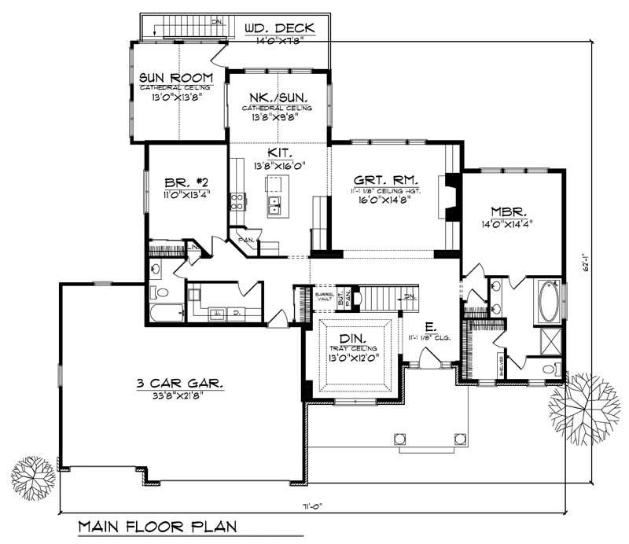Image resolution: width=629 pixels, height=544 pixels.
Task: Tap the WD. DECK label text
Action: [279, 29]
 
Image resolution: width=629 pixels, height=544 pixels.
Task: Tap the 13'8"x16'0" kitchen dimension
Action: [279, 166]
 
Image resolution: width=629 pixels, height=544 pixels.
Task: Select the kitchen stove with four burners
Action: [235, 201]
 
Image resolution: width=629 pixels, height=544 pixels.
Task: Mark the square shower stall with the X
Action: [547, 341]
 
